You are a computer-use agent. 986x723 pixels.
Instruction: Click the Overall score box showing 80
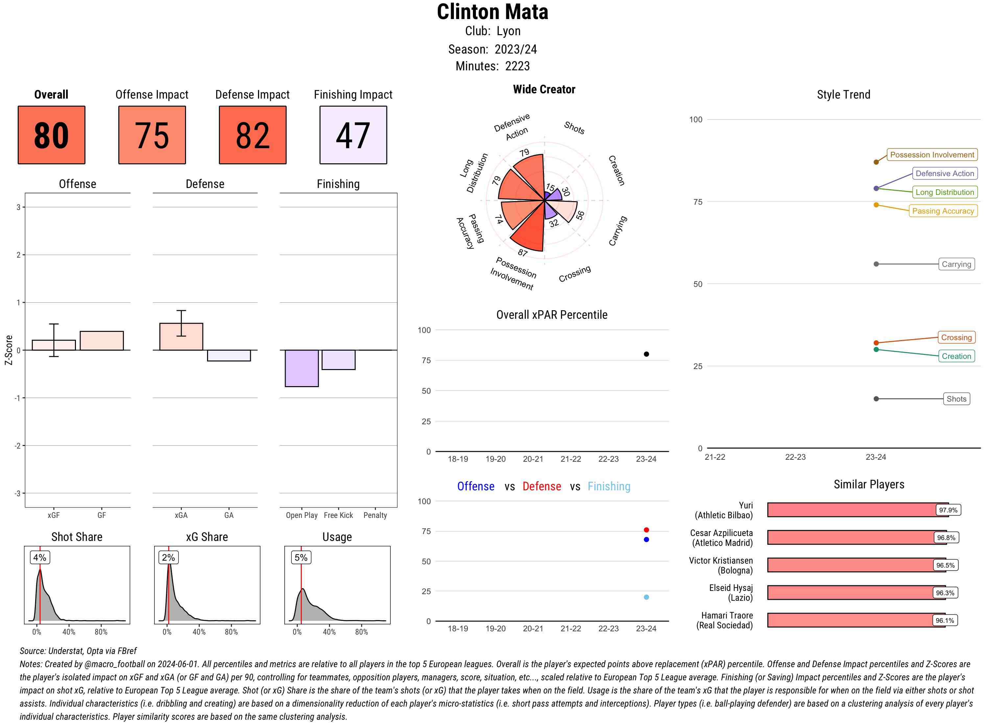[x=51, y=135]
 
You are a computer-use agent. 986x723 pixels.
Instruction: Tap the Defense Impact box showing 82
[x=252, y=135]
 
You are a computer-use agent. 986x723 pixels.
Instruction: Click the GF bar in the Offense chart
[x=102, y=340]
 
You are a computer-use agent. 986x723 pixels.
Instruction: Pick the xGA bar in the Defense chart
[x=181, y=337]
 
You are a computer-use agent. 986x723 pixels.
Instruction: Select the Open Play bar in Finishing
[x=301, y=368]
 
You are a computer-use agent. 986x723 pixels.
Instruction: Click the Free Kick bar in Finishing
[x=338, y=360]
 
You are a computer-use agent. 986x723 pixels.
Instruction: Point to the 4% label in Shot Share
[x=40, y=557]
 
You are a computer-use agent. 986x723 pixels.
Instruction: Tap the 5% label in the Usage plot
[x=301, y=557]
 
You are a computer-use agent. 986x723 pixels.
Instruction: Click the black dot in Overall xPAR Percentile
[x=646, y=354]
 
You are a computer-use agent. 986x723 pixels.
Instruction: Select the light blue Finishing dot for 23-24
[x=646, y=597]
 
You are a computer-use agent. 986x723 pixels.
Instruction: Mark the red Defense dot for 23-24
[x=646, y=530]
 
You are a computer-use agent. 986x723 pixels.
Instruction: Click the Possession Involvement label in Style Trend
[x=932, y=154]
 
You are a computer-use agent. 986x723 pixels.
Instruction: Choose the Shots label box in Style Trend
[x=956, y=399]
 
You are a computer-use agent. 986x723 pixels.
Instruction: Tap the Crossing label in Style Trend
[x=956, y=338]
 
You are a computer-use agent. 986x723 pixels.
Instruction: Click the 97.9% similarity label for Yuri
[x=948, y=510]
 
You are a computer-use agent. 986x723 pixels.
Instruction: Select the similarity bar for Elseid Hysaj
[x=856, y=593]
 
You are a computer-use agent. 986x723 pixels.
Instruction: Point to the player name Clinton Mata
[x=492, y=12]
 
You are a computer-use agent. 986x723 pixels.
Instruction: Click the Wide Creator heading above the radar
[x=544, y=89]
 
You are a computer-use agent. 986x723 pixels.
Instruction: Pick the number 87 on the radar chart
[x=523, y=252]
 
